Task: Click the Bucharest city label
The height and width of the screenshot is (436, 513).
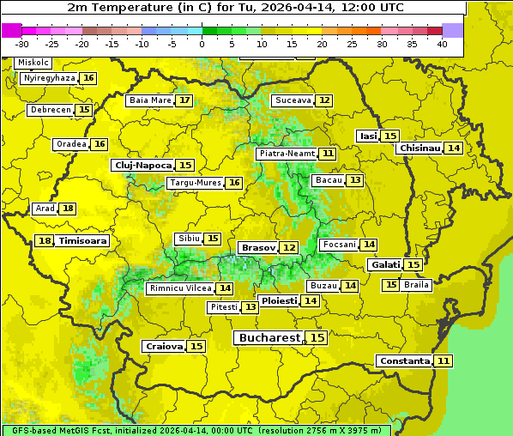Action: click(x=269, y=338)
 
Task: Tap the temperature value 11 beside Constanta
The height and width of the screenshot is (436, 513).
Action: click(x=443, y=361)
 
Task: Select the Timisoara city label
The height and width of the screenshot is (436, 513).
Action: click(x=83, y=241)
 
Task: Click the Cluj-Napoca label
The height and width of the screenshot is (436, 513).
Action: click(x=142, y=165)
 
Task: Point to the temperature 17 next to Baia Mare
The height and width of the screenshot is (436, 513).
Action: click(x=184, y=100)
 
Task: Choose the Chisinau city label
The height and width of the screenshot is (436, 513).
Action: click(x=419, y=148)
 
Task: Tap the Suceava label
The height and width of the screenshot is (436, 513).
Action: click(x=293, y=100)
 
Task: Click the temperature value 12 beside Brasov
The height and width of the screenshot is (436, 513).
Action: click(x=289, y=247)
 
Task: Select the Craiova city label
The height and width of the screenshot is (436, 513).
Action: click(x=164, y=346)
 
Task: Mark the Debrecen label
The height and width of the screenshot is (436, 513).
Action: click(x=50, y=110)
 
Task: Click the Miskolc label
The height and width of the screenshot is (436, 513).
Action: click(x=33, y=63)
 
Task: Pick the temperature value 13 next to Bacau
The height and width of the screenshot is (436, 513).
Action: click(x=354, y=180)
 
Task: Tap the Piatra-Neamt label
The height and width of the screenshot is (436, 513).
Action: click(x=287, y=154)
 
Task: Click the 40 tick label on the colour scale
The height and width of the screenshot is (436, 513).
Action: click(x=442, y=44)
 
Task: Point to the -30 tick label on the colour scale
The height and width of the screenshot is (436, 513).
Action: click(x=22, y=44)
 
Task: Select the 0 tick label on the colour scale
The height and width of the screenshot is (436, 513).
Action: click(x=202, y=44)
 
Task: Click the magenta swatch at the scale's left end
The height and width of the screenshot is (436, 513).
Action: click(x=11, y=30)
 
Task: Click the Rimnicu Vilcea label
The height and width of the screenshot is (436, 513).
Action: click(x=179, y=288)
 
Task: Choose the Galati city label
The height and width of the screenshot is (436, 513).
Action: click(x=385, y=265)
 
